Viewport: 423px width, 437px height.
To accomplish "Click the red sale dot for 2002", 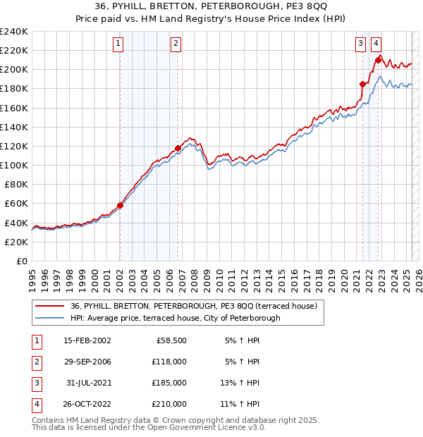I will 120,206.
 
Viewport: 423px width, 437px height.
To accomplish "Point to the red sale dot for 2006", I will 178,149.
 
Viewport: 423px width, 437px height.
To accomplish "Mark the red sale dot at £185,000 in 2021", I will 363,85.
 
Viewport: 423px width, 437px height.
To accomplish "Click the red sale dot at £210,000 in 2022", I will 379,61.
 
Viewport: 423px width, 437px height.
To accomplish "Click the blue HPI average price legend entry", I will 175,318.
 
